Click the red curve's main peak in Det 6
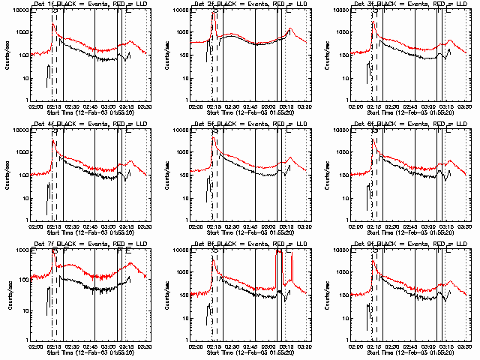pyautogui.click(x=375, y=141)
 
